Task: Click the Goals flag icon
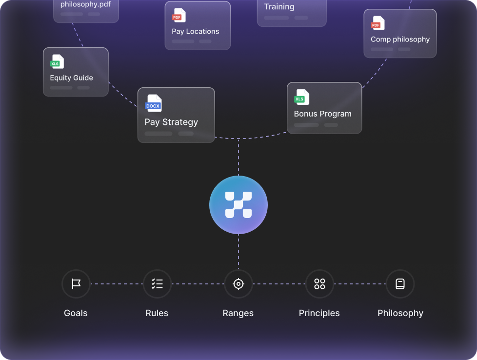tap(76, 284)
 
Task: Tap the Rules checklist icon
tap(157, 284)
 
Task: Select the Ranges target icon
tap(238, 284)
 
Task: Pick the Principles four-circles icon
tap(319, 284)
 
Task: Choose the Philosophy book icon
tap(400, 284)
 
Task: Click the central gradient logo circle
tap(238, 205)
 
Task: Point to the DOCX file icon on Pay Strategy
tap(154, 103)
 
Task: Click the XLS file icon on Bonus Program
tap(302, 97)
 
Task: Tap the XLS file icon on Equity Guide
tap(58, 62)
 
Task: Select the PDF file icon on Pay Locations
tap(179, 16)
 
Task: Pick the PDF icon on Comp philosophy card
tap(378, 23)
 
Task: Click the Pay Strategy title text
tap(171, 122)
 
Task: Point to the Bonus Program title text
tap(322, 114)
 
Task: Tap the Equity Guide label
tap(71, 78)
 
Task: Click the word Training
tap(279, 7)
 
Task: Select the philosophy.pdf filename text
tap(85, 4)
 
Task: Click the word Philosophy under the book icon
tap(400, 313)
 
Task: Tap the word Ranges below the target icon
tap(238, 313)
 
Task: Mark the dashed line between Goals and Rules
tap(117, 284)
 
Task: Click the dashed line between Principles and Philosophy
tap(360, 284)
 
